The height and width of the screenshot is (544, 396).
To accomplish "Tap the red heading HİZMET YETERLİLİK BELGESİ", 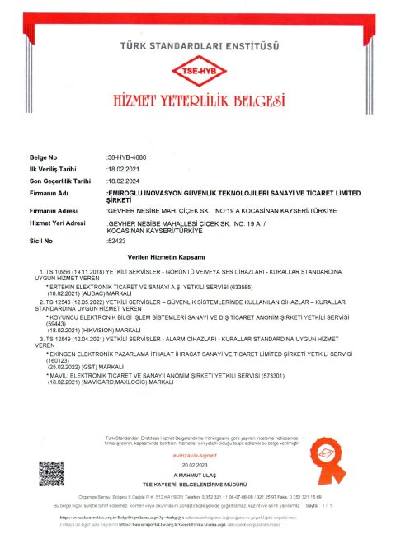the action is coord(198,101).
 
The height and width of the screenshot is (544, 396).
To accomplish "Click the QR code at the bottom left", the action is coord(51,474).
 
